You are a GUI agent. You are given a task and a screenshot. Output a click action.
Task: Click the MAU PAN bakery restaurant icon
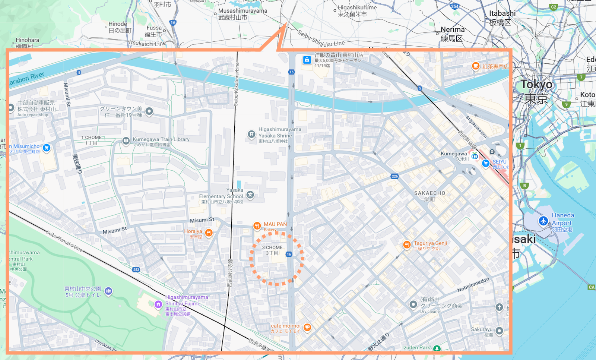click(x=257, y=226)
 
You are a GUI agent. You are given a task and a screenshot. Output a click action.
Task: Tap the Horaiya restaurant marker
click(x=209, y=233)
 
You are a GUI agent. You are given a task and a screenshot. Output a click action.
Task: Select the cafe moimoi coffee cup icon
click(x=307, y=328)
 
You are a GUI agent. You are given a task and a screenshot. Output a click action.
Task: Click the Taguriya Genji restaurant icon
click(x=407, y=245)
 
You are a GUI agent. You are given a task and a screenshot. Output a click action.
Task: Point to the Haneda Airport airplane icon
click(x=543, y=221)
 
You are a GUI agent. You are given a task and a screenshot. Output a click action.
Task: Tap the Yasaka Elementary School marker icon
click(x=250, y=195)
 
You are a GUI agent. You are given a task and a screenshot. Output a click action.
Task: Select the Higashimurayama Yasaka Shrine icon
click(x=251, y=134)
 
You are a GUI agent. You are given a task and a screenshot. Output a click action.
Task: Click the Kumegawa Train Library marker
click(x=126, y=141)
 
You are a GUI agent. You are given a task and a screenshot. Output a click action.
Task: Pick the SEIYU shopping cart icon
click(x=485, y=163)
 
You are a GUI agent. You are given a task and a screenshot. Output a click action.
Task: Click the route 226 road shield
click(x=394, y=176)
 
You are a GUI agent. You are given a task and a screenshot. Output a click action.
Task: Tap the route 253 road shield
click(x=136, y=269)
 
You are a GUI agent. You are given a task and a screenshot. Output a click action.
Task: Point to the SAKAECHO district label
click(x=429, y=193)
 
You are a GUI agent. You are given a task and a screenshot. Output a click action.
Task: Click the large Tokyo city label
click(x=536, y=85)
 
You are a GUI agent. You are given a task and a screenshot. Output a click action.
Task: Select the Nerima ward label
click(x=453, y=29)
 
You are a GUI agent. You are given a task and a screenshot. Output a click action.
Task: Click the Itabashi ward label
click(x=502, y=13)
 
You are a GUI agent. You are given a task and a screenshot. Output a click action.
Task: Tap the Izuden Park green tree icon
click(x=437, y=348)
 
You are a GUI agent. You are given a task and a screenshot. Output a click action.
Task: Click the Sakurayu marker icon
click(x=499, y=331)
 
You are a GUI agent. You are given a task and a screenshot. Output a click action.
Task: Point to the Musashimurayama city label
click(x=242, y=11)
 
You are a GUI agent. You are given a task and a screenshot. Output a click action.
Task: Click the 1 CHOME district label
click(x=91, y=138)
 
